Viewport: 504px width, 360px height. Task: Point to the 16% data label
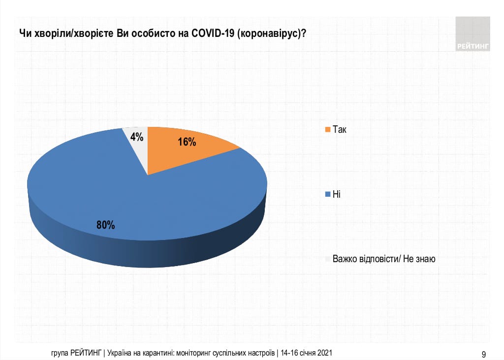coord(187,143)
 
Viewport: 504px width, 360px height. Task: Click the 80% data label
coord(106,225)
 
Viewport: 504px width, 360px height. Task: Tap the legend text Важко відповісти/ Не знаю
coord(384,259)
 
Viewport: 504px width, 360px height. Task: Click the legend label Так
coord(340,130)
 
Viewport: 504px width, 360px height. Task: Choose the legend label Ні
coord(337,195)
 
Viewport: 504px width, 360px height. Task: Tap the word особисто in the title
coord(147,33)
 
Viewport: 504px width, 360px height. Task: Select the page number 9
coord(484,354)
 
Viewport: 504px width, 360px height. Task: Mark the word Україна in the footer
coord(120,353)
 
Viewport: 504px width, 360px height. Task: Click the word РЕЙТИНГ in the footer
coord(86,353)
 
